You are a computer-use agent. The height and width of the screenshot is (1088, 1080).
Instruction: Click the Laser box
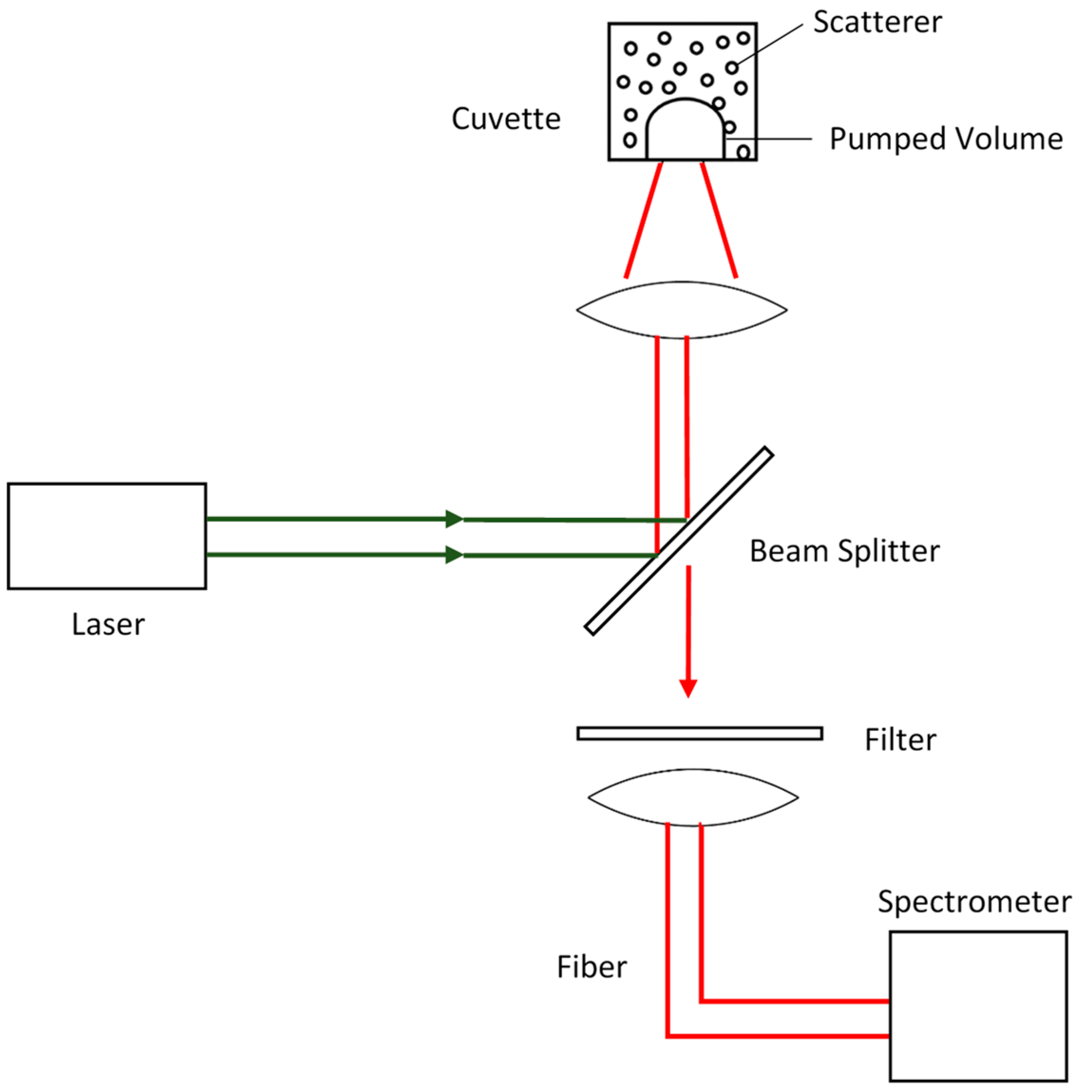click(106, 536)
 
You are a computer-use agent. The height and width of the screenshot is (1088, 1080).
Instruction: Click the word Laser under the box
click(108, 624)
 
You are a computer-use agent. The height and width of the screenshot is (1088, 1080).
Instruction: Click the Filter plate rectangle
click(700, 733)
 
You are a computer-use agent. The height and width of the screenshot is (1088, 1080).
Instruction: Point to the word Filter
click(900, 740)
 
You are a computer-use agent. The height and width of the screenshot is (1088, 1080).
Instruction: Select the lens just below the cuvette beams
click(682, 310)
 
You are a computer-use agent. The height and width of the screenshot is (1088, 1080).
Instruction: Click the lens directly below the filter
click(692, 797)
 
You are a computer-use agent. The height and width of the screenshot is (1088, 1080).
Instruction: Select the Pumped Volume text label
click(946, 139)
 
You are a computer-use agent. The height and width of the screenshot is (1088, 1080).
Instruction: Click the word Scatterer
click(877, 22)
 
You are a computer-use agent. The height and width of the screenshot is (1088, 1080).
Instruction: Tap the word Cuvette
click(506, 119)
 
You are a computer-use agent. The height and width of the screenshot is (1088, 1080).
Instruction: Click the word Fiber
click(592, 967)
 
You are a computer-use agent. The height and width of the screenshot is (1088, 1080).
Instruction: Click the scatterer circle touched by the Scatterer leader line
click(731, 68)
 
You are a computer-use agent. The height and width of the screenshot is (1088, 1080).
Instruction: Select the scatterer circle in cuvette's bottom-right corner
click(743, 151)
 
